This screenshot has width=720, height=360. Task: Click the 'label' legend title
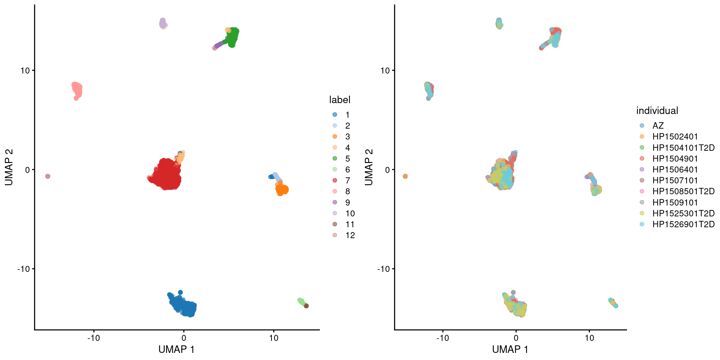(340, 100)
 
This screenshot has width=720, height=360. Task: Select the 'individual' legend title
(657, 111)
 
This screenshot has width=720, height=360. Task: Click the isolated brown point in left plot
(48, 176)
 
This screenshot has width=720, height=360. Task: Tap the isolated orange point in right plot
(405, 176)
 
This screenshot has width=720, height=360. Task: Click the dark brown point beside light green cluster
(306, 306)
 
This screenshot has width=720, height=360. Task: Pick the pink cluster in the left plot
(77, 90)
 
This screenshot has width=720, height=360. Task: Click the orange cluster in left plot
(282, 190)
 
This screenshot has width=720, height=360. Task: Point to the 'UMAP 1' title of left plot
(176, 349)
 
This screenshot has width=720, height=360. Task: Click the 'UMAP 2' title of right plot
(369, 167)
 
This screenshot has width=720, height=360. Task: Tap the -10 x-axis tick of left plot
(94, 338)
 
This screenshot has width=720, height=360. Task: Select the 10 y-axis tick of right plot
(385, 70)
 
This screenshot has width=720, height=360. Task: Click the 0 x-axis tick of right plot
(516, 338)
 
